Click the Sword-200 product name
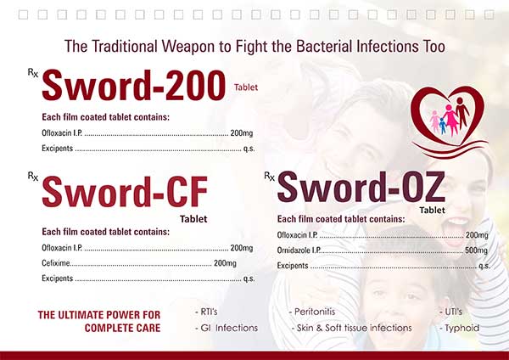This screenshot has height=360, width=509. (x=134, y=85)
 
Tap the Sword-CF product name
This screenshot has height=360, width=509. (x=125, y=192)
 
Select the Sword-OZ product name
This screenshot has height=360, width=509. (x=361, y=187)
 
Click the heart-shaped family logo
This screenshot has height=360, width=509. (x=450, y=121)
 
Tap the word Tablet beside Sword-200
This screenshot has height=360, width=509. (x=246, y=87)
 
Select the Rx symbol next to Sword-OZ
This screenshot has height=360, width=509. (x=270, y=176)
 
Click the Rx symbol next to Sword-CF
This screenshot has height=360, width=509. (x=33, y=176)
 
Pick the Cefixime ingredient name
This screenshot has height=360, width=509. (x=56, y=263)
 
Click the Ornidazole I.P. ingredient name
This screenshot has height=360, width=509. (x=299, y=250)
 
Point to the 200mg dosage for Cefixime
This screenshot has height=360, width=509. (x=225, y=263)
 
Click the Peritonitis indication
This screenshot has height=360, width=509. (x=312, y=312)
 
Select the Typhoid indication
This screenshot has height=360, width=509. (x=459, y=328)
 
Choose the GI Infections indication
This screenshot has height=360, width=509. (x=227, y=328)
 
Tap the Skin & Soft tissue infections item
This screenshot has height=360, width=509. (x=351, y=328)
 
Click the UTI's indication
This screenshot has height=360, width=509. (x=451, y=312)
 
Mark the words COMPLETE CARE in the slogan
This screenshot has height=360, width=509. (x=123, y=328)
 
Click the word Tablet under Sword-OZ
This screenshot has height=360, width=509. (x=432, y=211)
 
